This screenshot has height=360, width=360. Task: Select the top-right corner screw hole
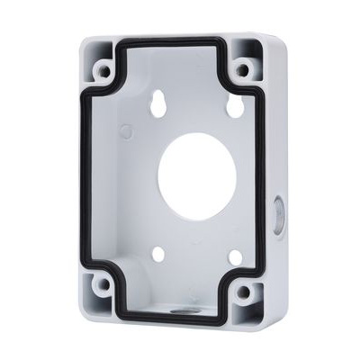[x=241, y=68]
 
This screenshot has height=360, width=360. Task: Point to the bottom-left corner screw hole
[x=103, y=284]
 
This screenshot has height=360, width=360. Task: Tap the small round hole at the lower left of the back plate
[x=158, y=255]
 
